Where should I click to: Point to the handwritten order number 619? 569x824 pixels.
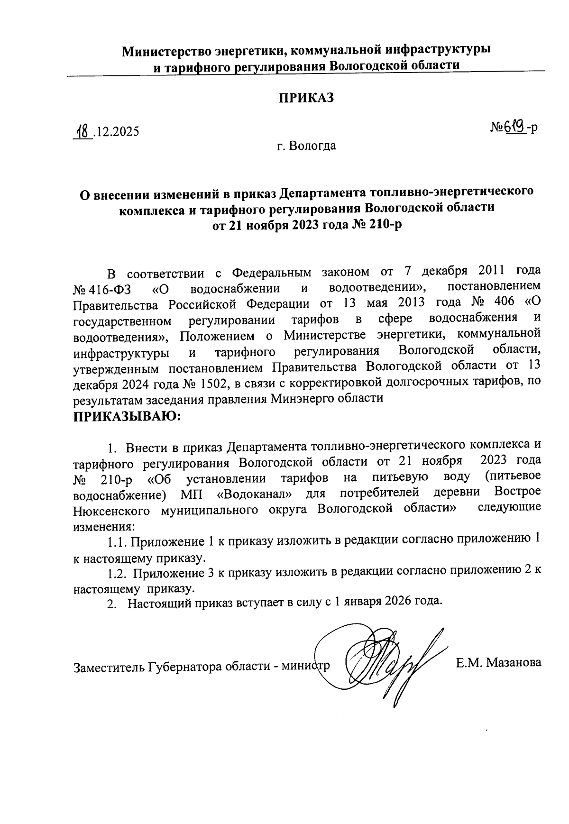pyautogui.click(x=514, y=127)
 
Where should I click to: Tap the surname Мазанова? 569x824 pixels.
pyautogui.click(x=513, y=663)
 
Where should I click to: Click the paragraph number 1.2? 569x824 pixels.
pyautogui.click(x=117, y=574)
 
